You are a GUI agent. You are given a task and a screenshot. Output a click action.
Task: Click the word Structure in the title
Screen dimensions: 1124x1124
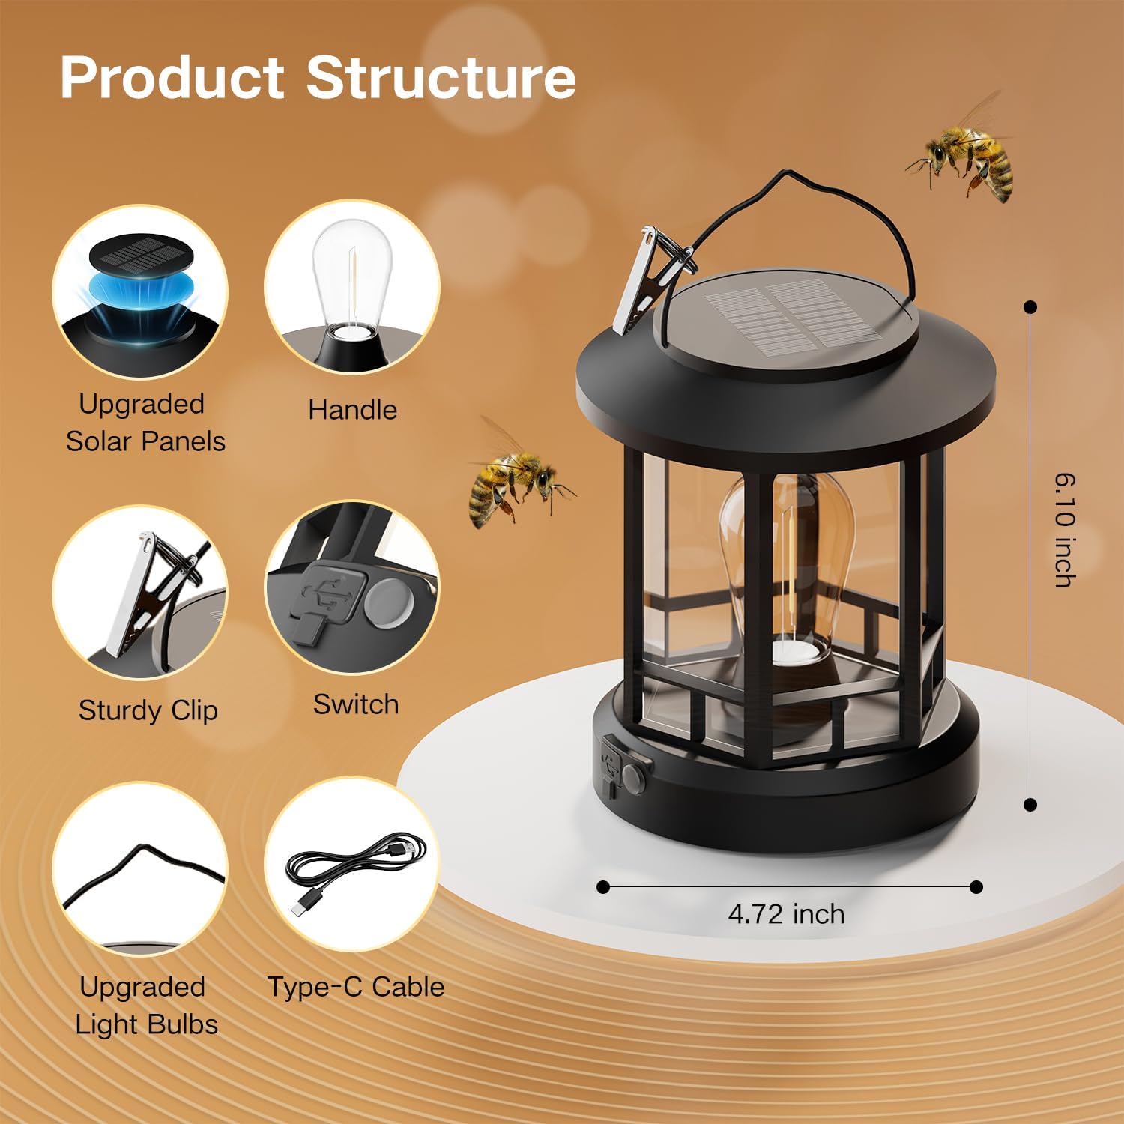pyautogui.click(x=441, y=77)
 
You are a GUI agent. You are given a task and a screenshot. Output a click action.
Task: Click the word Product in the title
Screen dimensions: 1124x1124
pyautogui.click(x=172, y=77)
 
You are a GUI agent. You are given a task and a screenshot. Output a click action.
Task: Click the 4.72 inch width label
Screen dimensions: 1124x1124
pyautogui.click(x=786, y=914)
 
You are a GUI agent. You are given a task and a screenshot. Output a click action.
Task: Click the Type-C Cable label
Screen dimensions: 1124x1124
pyautogui.click(x=355, y=987)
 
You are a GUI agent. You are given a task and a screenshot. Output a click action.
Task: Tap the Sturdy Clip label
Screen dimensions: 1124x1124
pyautogui.click(x=148, y=710)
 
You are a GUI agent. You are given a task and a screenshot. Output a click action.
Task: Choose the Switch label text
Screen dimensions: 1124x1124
pyautogui.click(x=355, y=704)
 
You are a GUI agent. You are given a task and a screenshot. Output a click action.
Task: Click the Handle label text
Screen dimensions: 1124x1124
pyautogui.click(x=352, y=410)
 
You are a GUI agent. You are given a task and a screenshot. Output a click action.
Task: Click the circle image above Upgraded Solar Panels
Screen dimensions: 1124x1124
pyautogui.click(x=140, y=292)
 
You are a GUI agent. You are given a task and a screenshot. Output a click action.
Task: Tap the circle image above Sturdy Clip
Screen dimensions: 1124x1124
pyautogui.click(x=140, y=592)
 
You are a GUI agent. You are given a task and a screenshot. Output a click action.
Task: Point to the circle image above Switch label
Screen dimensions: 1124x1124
pyautogui.click(x=352, y=588)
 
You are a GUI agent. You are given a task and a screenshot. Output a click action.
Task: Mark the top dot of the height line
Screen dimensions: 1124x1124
pyautogui.click(x=1030, y=307)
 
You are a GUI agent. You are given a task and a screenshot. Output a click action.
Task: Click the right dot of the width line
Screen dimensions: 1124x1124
pyautogui.click(x=976, y=887)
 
